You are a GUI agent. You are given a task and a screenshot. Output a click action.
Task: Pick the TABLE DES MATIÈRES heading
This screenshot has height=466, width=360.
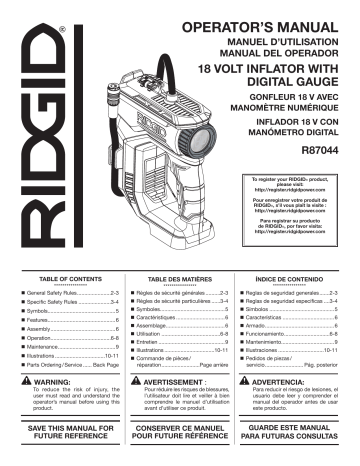click(177, 282)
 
